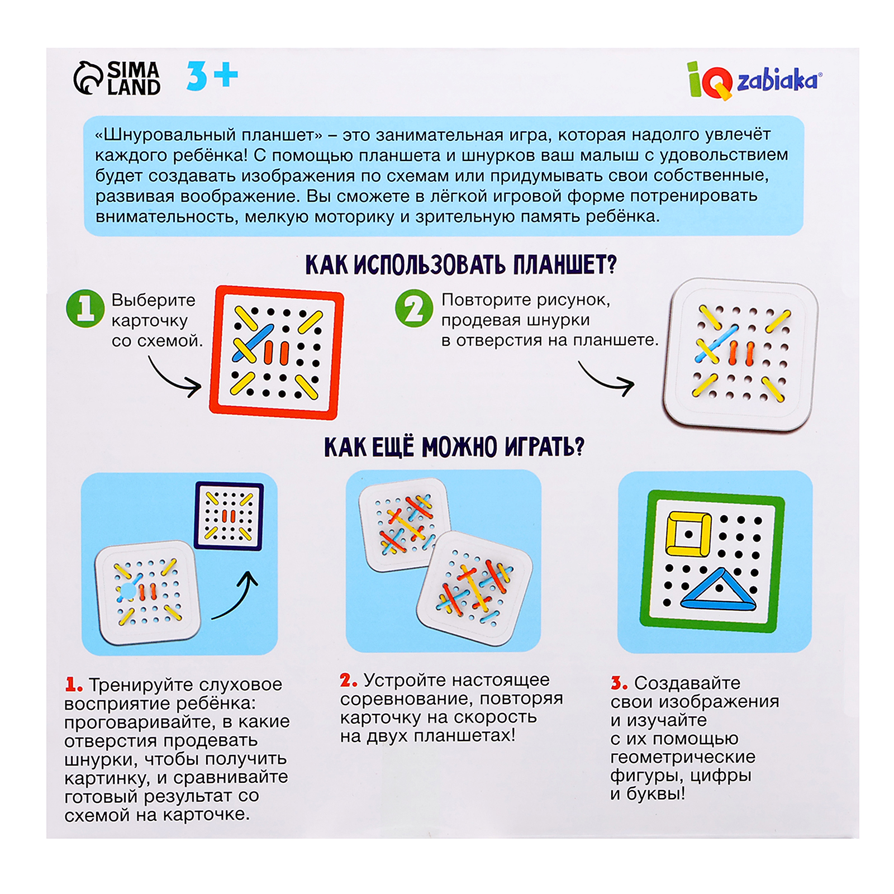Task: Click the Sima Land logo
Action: pyautogui.click(x=117, y=78)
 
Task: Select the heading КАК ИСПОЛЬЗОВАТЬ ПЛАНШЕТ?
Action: pyautogui.click(x=460, y=265)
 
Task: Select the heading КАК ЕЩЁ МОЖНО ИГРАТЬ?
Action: pyautogui.click(x=454, y=447)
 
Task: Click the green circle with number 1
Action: pyautogui.click(x=85, y=308)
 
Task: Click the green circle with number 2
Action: pyautogui.click(x=414, y=308)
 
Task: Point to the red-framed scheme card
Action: pyautogui.click(x=276, y=353)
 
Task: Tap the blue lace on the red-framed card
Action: pyautogui.click(x=254, y=343)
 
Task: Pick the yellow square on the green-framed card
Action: pyautogui.click(x=688, y=534)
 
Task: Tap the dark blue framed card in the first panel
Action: pyautogui.click(x=229, y=516)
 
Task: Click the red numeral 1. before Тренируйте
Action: pyautogui.click(x=74, y=684)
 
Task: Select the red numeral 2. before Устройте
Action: pyautogui.click(x=348, y=680)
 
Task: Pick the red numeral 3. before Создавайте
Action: pyautogui.click(x=619, y=683)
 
